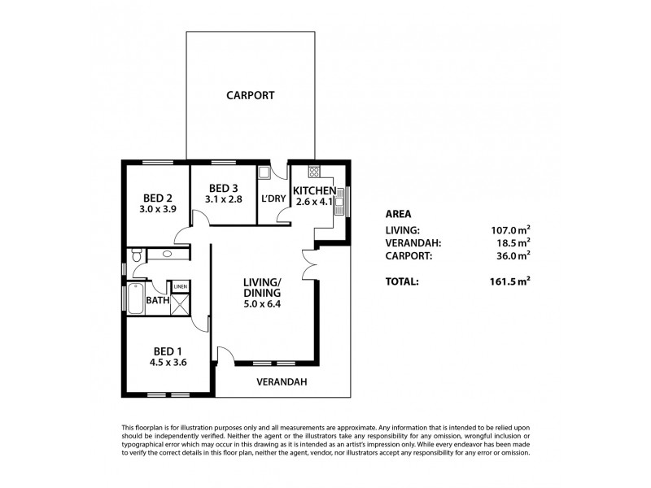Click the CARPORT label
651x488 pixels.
250,95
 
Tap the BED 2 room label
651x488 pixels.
157,198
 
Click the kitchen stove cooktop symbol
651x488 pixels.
313,172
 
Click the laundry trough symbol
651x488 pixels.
264,172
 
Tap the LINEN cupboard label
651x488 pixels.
180,286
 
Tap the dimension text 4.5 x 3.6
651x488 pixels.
168,363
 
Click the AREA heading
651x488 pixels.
397,214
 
